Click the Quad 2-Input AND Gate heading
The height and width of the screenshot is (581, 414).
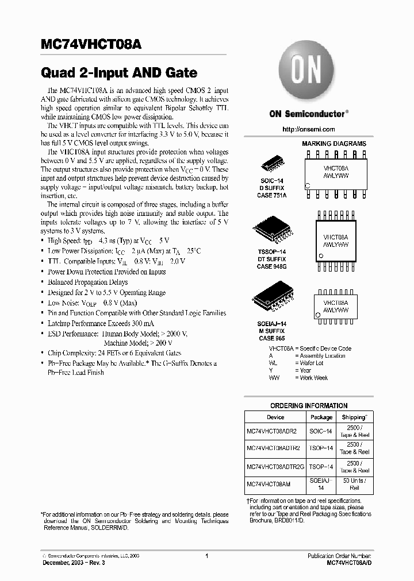pyautogui.click(x=120, y=73)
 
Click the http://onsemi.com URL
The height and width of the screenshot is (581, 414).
pyautogui.click(x=309, y=129)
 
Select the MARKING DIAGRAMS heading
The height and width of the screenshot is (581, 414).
pyautogui.click(x=334, y=144)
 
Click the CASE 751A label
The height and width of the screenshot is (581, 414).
pyautogui.click(x=271, y=195)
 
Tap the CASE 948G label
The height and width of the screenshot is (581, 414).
pyautogui.click(x=272, y=266)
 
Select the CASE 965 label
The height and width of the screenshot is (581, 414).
pyautogui.click(x=272, y=339)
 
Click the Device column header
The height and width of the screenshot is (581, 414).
pyautogui.click(x=275, y=417)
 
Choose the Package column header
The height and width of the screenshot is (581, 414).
pyautogui.click(x=321, y=417)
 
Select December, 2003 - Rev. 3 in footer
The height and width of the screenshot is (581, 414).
pyautogui.click(x=74, y=563)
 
